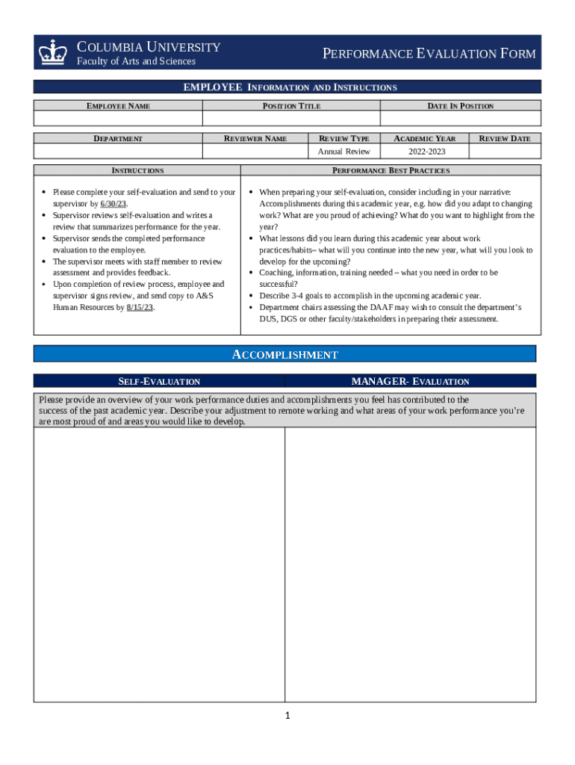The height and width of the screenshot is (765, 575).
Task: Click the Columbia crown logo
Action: click(54, 52)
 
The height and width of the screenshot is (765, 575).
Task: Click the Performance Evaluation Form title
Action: click(429, 54)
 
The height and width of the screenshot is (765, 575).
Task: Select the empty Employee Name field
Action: click(118, 119)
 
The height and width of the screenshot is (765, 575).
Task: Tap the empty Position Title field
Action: click(291, 119)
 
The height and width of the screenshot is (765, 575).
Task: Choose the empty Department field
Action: click(118, 152)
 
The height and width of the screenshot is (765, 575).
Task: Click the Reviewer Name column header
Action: click(255, 138)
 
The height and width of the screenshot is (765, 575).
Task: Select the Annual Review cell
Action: click(344, 152)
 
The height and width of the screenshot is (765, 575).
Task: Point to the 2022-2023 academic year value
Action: click(424, 152)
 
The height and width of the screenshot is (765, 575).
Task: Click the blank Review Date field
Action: click(504, 152)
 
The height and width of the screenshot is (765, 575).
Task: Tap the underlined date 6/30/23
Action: click(114, 203)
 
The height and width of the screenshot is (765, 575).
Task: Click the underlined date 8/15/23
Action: click(140, 307)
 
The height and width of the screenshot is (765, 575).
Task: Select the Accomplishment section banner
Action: click(285, 354)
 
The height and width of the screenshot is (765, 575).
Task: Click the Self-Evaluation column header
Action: click(159, 381)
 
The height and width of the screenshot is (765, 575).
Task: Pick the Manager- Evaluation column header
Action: click(410, 381)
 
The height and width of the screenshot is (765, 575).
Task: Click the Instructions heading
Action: click(137, 170)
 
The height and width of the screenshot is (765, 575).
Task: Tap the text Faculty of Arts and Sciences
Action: click(137, 61)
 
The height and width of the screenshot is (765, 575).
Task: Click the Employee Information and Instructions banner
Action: click(290, 87)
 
